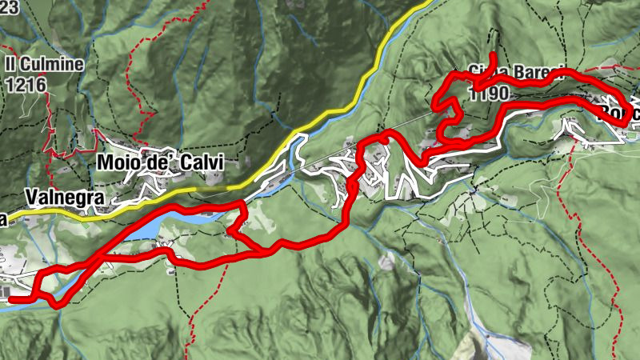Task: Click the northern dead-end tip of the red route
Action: [x=494, y=55]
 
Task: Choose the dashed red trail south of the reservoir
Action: [x=192, y=320]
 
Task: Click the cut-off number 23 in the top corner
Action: [x=8, y=5]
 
